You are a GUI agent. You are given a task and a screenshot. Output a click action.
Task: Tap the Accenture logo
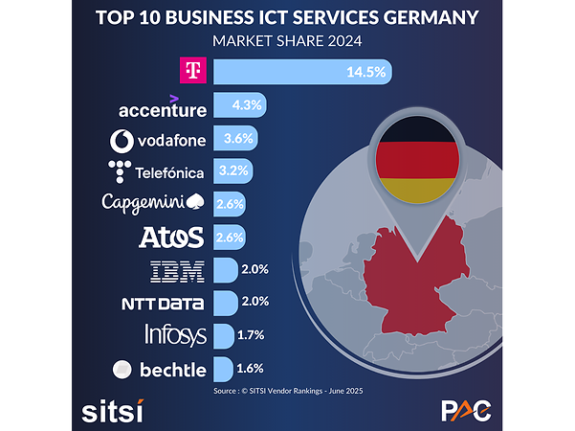(162, 107)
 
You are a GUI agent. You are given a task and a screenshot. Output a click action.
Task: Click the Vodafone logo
(158, 141)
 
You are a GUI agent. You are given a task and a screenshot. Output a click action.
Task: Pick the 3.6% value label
(238, 138)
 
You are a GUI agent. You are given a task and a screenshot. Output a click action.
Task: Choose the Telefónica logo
(156, 172)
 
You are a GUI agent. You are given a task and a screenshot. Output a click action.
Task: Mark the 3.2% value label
(233, 171)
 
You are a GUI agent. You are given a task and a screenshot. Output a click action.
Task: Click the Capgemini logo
(153, 204)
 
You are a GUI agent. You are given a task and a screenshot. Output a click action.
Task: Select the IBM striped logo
(178, 270)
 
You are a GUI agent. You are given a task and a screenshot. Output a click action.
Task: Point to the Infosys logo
(174, 335)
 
